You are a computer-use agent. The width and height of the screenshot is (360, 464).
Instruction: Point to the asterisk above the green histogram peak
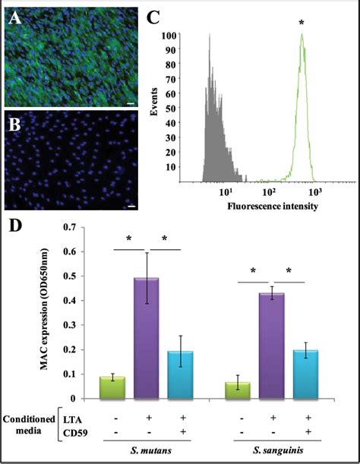(302, 24)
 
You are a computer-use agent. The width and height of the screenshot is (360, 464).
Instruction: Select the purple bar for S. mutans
(146, 338)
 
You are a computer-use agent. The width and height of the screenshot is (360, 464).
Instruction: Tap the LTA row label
(74, 418)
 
